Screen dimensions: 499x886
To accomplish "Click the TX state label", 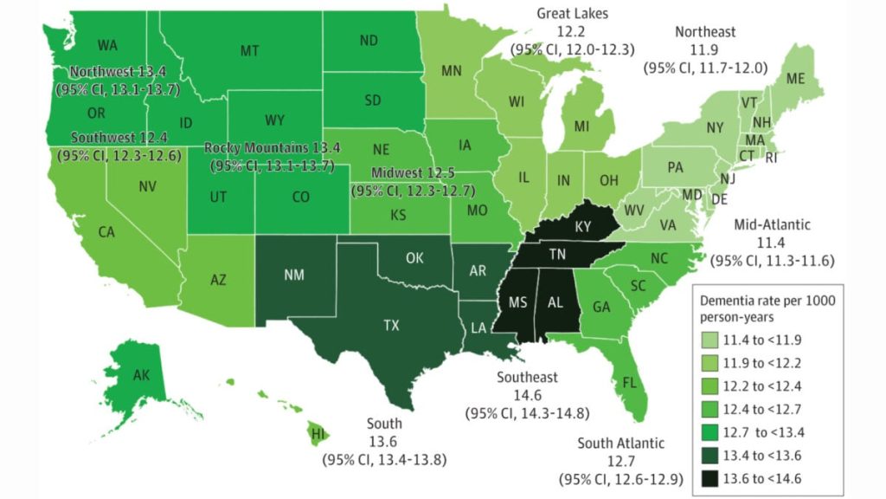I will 391,326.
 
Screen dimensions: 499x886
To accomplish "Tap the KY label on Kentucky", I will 583,226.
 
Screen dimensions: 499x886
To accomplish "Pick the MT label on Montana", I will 249,51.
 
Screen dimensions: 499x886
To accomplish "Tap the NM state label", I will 292,275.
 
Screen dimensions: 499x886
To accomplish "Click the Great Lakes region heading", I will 572,14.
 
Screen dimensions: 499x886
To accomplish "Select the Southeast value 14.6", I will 528,395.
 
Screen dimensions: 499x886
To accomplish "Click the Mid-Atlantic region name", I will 771,224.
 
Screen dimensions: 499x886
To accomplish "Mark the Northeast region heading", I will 705,32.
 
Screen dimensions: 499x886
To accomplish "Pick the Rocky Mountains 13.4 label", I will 268,147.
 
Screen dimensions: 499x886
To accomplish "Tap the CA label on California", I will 106,232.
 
